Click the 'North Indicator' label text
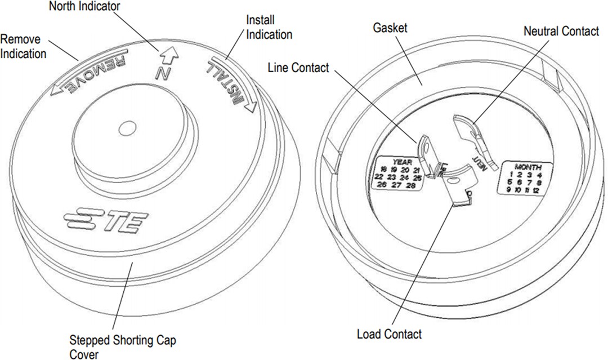pos(84,7)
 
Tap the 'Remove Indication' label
pos(23,47)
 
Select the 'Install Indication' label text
pos(269,27)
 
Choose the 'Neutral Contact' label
pos(561,32)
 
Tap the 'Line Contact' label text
pos(298,68)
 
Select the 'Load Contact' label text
pos(389,334)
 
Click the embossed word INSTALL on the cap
pos(228,82)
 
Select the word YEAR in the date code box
pos(403,160)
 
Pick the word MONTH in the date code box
pos(528,167)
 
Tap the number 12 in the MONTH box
pos(535,191)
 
